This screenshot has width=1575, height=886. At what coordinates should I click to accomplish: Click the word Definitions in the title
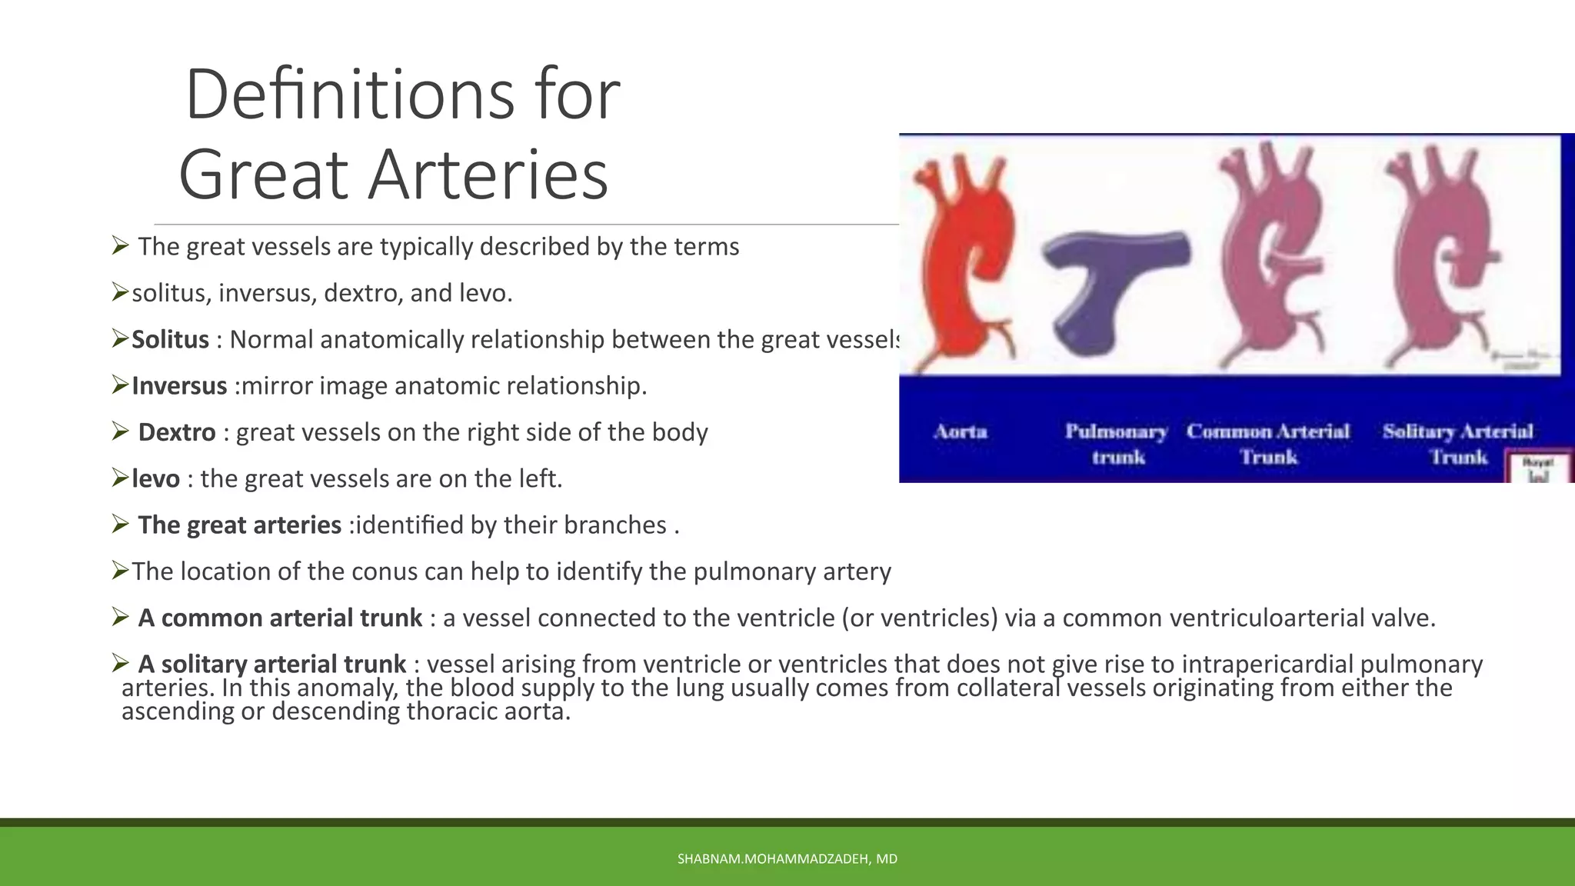click(x=349, y=95)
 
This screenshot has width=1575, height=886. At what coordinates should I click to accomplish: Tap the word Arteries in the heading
click(x=488, y=175)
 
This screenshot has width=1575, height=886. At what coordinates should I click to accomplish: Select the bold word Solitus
click(x=170, y=339)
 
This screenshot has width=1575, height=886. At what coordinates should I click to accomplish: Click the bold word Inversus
click(x=179, y=385)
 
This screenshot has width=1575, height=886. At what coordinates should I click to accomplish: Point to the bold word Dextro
click(x=176, y=432)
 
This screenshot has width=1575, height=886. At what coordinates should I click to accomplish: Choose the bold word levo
click(x=155, y=478)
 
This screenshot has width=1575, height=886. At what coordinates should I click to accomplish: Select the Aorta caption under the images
click(x=961, y=431)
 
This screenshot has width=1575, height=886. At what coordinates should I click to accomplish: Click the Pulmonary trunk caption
click(x=1117, y=444)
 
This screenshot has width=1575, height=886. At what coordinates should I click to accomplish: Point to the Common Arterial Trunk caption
click(x=1267, y=444)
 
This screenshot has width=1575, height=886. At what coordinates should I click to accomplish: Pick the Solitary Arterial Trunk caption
click(x=1458, y=444)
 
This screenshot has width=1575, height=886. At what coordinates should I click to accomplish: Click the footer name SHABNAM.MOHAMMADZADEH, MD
click(x=787, y=859)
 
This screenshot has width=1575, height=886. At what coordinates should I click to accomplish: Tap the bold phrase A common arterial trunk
click(x=280, y=618)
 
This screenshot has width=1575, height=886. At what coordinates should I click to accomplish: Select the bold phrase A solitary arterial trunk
click(x=271, y=664)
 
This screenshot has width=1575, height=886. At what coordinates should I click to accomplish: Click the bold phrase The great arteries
click(x=239, y=525)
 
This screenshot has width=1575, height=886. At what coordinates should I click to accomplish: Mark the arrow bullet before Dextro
click(x=120, y=431)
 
